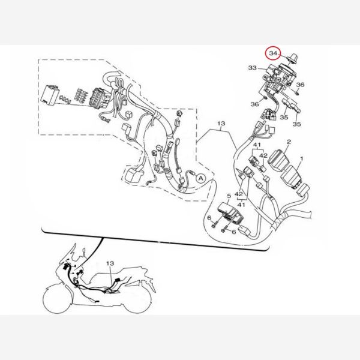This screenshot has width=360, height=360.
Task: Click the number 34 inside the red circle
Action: (x=273, y=53)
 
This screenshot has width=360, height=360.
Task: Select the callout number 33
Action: (x=253, y=68)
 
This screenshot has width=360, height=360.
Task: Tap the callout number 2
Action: (x=289, y=142)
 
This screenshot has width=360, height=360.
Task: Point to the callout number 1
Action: (x=302, y=158)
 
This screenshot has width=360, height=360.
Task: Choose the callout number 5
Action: (x=229, y=196)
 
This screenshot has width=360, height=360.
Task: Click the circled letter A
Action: (x=200, y=178)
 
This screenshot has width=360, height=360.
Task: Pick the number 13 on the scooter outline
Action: (x=110, y=263)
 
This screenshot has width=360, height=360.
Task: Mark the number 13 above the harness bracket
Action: (x=221, y=124)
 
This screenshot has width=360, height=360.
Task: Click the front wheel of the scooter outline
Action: (x=58, y=299)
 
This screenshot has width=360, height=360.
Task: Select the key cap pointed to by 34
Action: (x=292, y=58)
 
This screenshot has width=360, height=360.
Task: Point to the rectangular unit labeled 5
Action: (x=230, y=214)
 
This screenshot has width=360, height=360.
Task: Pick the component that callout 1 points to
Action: (x=291, y=177)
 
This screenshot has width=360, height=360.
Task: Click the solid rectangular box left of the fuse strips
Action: (x=49, y=95)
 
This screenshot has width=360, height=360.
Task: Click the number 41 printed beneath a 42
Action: (x=241, y=204)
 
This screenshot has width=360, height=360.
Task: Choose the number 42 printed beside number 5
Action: (x=239, y=194)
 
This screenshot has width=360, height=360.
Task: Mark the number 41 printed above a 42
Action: (x=257, y=145)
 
